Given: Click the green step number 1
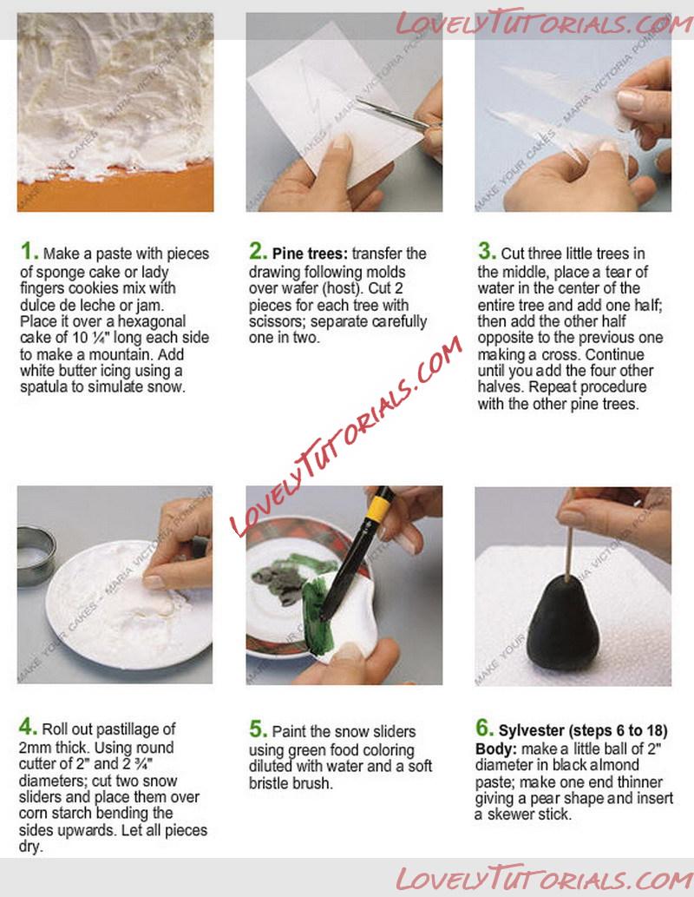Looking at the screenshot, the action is click(29, 251).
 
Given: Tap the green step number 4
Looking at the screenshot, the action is click(28, 727).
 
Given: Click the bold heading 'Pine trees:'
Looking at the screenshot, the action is click(310, 254).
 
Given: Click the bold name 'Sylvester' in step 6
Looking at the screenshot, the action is click(531, 730).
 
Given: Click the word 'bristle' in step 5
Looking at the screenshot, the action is click(270, 782).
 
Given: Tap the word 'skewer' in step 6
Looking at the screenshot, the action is click(508, 814).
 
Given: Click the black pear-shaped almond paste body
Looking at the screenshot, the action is click(562, 620).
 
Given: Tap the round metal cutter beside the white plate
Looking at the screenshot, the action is click(36, 556).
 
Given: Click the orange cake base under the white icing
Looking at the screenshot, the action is click(115, 188).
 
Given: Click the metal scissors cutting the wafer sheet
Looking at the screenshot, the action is click(395, 114).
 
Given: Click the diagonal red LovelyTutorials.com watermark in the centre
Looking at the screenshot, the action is click(347, 436).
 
